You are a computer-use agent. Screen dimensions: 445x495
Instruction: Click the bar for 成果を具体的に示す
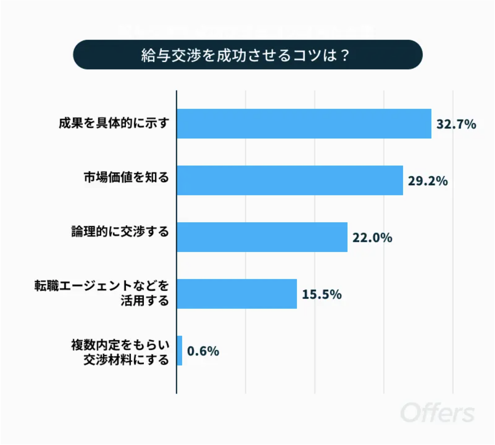pyautogui.click(x=304, y=124)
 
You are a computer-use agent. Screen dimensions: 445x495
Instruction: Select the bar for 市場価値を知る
pyautogui.click(x=290, y=180)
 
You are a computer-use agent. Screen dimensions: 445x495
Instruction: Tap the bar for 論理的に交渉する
pyautogui.click(x=262, y=237)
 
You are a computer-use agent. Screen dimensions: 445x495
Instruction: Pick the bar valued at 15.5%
pyautogui.click(x=237, y=294)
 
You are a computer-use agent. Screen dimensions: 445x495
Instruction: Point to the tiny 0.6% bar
pyautogui.click(x=179, y=351)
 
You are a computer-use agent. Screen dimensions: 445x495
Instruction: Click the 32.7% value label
pyautogui.click(x=456, y=124)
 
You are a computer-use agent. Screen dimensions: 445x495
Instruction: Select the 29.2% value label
pyautogui.click(x=428, y=181)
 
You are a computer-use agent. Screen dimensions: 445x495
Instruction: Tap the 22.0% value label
pyautogui.click(x=372, y=237)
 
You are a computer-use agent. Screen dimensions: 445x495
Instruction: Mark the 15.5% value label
pyautogui.click(x=321, y=294)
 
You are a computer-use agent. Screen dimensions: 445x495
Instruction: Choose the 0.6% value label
pyautogui.click(x=203, y=351)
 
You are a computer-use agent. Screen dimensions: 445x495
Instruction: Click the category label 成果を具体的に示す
pyautogui.click(x=114, y=123)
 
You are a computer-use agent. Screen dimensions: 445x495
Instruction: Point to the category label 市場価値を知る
pyautogui.click(x=126, y=177)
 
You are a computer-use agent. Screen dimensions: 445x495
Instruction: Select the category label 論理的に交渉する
pyautogui.click(x=120, y=232)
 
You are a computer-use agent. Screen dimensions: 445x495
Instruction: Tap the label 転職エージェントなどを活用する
pyautogui.click(x=102, y=293)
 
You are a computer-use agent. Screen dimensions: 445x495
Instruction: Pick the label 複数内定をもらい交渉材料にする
pyautogui.click(x=120, y=352)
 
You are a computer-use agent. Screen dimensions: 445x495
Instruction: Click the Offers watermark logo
pyautogui.click(x=437, y=413)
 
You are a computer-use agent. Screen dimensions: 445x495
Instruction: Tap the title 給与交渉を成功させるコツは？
pyautogui.click(x=245, y=55)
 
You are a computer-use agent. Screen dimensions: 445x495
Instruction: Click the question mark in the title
pyautogui.click(x=344, y=55)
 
